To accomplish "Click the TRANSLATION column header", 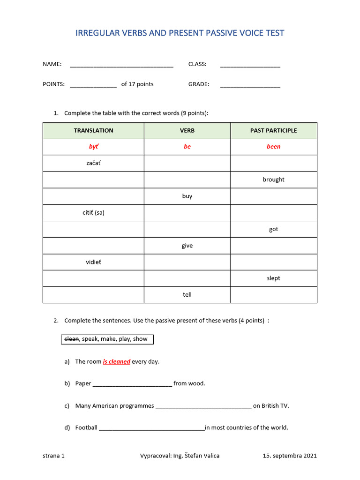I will click(x=93, y=131).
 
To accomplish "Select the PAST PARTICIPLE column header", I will click(x=273, y=131).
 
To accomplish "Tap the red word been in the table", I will click(x=273, y=147).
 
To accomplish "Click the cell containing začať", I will click(x=93, y=163).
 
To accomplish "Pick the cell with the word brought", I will click(x=273, y=180).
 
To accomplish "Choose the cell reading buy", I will click(x=187, y=196).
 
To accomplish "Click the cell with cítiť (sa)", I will click(x=93, y=213).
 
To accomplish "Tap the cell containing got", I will click(x=273, y=229).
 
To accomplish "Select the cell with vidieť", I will click(x=93, y=262).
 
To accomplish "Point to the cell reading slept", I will click(x=273, y=278).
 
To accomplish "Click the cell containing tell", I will click(x=187, y=295).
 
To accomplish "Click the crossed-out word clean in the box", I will click(x=71, y=339).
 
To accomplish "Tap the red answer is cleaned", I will click(x=117, y=362).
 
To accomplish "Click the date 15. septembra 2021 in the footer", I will click(x=290, y=456).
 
